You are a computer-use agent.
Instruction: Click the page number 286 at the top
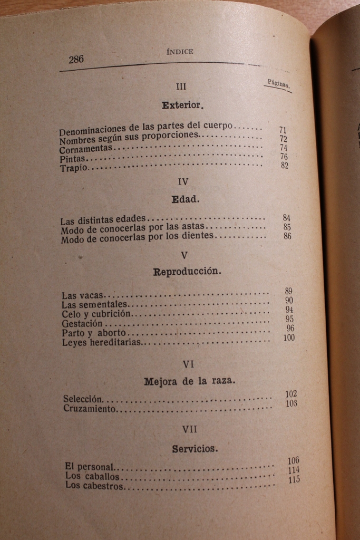[76, 59]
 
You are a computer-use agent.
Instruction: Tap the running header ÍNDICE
[180, 52]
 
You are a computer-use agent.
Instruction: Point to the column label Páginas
[278, 83]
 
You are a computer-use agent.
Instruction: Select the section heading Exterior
[182, 105]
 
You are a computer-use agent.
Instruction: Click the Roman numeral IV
[183, 181]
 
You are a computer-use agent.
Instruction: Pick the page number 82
[285, 166]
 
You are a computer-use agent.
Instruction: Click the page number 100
[289, 337]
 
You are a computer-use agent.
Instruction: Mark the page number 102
[291, 394]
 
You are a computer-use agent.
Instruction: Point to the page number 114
[294, 470]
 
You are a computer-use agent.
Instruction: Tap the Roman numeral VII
[190, 429]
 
